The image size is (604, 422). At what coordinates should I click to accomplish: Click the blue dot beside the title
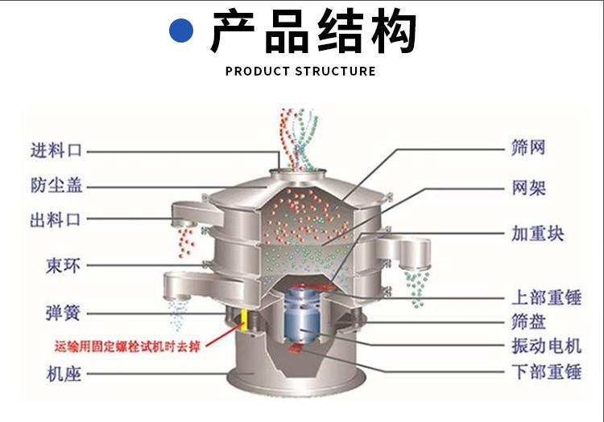pyautogui.click(x=181, y=31)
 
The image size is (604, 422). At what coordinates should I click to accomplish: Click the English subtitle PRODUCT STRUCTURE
pyautogui.click(x=300, y=71)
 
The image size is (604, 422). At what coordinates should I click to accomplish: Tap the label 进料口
pyautogui.click(x=56, y=150)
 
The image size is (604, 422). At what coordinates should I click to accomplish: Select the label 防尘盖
pyautogui.click(x=56, y=185)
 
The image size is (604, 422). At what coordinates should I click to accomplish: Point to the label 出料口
pyautogui.click(x=56, y=219)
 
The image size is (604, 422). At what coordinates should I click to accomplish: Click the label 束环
pyautogui.click(x=63, y=265)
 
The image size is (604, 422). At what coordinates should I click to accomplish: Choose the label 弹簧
pyautogui.click(x=63, y=313)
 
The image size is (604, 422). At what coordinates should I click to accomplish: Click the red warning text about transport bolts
pyautogui.click(x=127, y=346)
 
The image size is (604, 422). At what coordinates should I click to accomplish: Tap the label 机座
pyautogui.click(x=64, y=374)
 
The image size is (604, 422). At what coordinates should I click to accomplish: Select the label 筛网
pyautogui.click(x=528, y=148)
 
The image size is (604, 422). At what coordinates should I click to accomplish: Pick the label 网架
pyautogui.click(x=528, y=188)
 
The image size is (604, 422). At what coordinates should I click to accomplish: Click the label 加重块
pyautogui.click(x=537, y=234)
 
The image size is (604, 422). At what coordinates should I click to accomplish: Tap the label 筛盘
pyautogui.click(x=528, y=322)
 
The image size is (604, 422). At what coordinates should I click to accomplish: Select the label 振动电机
pyautogui.click(x=546, y=346)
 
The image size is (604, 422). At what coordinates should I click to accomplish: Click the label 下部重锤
pyautogui.click(x=546, y=371)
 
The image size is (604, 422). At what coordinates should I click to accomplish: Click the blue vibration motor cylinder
pyautogui.click(x=302, y=314)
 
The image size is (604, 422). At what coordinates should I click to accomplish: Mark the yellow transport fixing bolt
pyautogui.click(x=244, y=320)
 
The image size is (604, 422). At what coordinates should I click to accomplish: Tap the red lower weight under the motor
pyautogui.click(x=296, y=348)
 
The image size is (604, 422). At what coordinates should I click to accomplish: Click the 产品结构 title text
pyautogui.click(x=313, y=31)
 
